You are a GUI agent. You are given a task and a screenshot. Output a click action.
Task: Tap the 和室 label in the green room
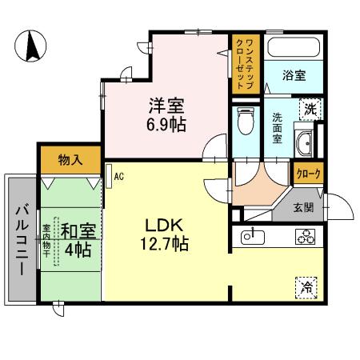point(78,232)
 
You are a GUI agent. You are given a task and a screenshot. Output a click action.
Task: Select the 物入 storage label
point(70,160)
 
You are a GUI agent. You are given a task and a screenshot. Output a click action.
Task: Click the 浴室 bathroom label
point(294,76)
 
